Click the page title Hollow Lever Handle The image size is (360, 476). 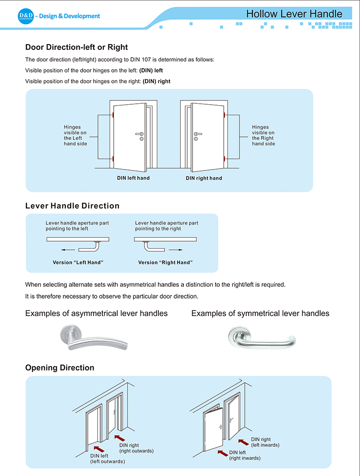pyautogui.click(x=294, y=14)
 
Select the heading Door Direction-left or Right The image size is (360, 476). pyautogui.click(x=76, y=47)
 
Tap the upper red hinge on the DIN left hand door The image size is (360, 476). pyautogui.click(x=112, y=115)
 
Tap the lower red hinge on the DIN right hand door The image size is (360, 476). pyautogui.click(x=223, y=159)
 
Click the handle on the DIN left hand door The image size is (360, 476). pyautogui.click(x=140, y=134)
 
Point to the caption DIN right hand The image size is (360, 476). pyautogui.click(x=204, y=178)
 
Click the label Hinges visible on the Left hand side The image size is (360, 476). pyautogui.click(x=75, y=135)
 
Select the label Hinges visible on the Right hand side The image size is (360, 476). pyautogui.click(x=264, y=135)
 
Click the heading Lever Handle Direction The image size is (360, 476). pyautogui.click(x=72, y=206)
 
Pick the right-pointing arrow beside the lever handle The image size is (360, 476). pyautogui.click(x=176, y=250)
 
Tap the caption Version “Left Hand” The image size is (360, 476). pyautogui.click(x=78, y=263)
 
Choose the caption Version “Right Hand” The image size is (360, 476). pyautogui.click(x=165, y=263)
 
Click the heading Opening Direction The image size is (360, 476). pyautogui.click(x=60, y=367)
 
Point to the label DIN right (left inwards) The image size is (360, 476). pyautogui.click(x=265, y=442)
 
